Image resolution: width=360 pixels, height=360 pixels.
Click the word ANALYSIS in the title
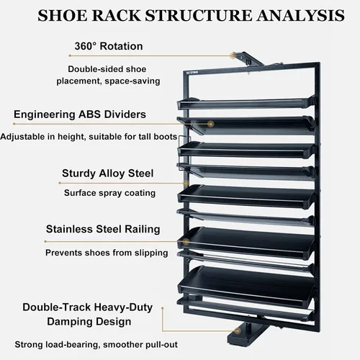click(300, 15)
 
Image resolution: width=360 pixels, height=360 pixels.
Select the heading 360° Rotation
click(109, 46)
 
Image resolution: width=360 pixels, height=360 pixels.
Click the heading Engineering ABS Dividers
click(80, 114)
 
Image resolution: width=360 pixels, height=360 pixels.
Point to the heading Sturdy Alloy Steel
click(108, 173)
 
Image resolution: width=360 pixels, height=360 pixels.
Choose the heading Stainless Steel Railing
click(103, 229)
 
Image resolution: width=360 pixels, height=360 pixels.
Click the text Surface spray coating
click(109, 193)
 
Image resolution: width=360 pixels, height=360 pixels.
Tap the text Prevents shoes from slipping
click(107, 253)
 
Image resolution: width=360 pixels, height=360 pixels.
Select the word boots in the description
click(165, 137)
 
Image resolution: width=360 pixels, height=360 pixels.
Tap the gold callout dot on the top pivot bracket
click(233, 55)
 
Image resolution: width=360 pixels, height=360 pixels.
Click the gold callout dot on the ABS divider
click(211, 124)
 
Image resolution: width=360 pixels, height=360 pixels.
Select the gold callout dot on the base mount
click(238, 331)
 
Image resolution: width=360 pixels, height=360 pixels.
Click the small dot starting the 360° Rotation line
click(70, 55)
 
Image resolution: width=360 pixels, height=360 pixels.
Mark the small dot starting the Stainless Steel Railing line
click(45, 241)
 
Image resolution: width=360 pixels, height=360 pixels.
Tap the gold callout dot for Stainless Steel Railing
click(186, 241)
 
